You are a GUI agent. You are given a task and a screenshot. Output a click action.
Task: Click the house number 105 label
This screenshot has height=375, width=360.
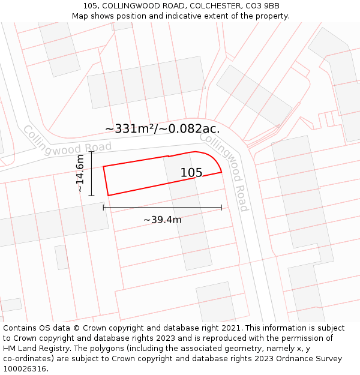point(191,173)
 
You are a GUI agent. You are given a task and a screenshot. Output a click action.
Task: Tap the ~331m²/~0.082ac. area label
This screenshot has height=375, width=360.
point(162,128)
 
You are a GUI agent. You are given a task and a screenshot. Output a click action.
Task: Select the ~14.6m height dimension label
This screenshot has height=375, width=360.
point(80,173)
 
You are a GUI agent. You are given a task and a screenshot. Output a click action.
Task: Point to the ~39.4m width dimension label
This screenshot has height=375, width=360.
point(162,220)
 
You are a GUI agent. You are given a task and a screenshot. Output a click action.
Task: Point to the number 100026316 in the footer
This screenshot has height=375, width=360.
point(25,369)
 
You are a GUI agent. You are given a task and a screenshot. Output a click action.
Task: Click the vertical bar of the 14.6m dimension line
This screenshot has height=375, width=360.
point(91,173)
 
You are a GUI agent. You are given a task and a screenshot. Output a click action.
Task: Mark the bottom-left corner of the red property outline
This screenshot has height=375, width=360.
point(108,195)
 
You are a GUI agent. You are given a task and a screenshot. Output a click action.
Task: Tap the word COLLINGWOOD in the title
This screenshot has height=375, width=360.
point(130,6)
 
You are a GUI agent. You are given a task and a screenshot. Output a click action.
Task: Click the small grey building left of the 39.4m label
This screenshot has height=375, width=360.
point(62,257)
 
